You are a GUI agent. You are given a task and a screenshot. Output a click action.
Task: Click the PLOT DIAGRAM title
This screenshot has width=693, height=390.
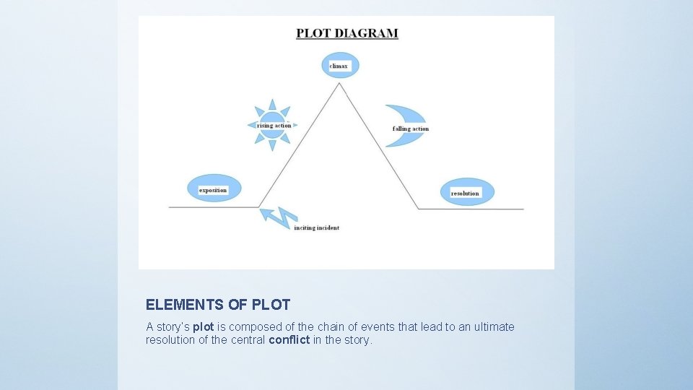click(x=346, y=33)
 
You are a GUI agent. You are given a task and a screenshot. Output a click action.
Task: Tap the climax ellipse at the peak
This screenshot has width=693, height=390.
click(x=339, y=66)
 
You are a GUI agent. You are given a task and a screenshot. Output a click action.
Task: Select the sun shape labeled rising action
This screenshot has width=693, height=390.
click(x=272, y=125)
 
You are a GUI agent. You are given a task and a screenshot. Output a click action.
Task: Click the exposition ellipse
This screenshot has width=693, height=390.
click(x=213, y=189)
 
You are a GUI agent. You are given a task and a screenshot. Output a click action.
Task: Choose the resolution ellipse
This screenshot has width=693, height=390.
click(x=468, y=192)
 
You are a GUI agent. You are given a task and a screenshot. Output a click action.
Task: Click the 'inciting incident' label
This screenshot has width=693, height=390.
click(x=316, y=228)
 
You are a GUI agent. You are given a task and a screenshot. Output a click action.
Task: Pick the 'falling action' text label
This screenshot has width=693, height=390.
click(x=411, y=129)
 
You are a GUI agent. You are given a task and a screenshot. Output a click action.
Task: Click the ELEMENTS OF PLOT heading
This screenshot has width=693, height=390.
click(x=218, y=305)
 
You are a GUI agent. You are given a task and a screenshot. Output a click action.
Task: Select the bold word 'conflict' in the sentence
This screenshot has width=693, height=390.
click(x=289, y=339)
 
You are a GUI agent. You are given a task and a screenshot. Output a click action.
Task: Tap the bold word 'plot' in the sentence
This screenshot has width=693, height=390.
click(x=204, y=327)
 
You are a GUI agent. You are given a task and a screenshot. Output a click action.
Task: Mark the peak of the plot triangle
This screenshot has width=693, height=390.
click(x=339, y=84)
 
